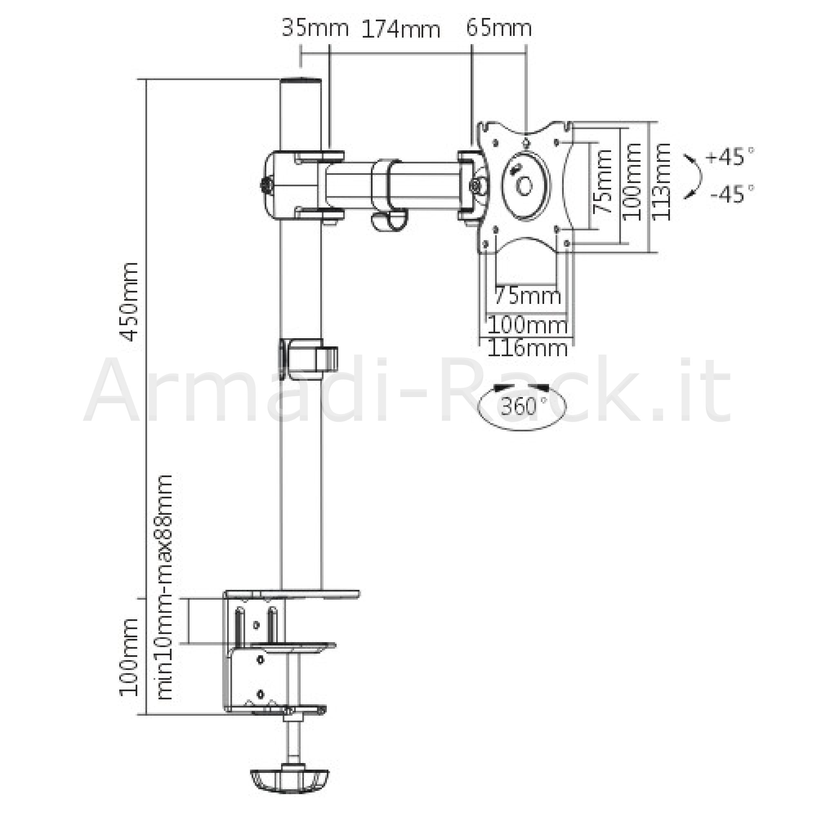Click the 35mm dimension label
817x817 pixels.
(315, 28)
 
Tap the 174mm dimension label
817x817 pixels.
(401, 29)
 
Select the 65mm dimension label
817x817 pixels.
(499, 28)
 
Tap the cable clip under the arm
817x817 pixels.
(388, 194)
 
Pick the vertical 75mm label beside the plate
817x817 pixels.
(602, 181)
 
